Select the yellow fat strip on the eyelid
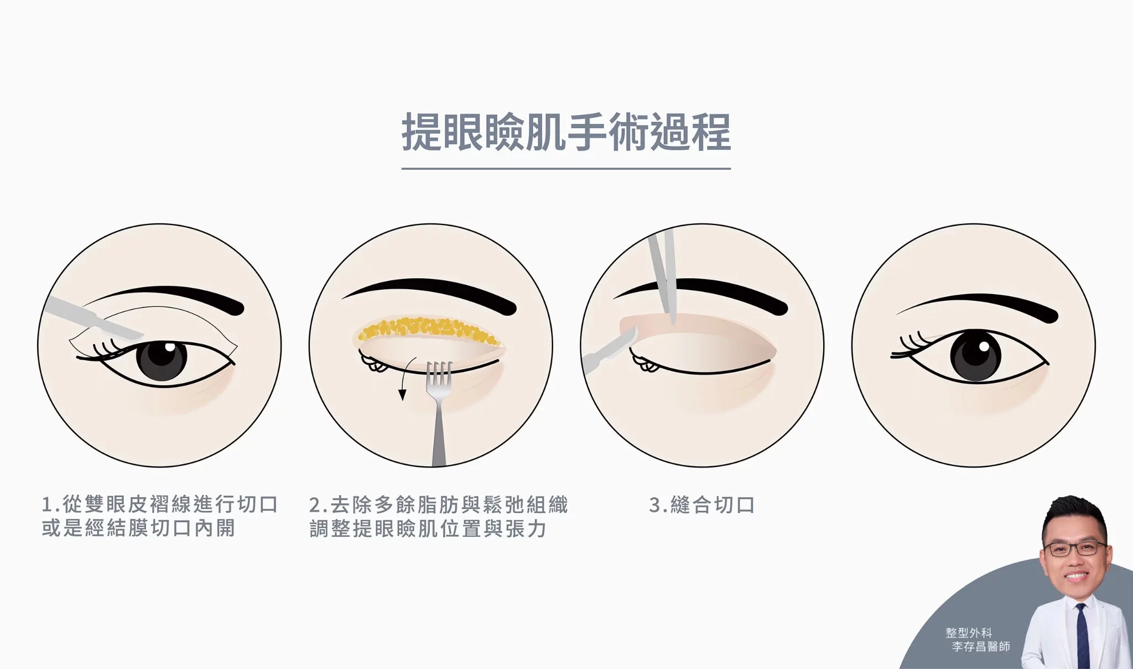point(429,330)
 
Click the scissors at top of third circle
point(664,276)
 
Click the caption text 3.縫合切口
point(701,505)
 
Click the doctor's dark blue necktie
point(1082,635)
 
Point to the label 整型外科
point(969,633)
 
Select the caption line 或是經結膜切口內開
point(139,528)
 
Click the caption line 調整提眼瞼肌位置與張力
point(428,528)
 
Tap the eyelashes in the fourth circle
point(913,345)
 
